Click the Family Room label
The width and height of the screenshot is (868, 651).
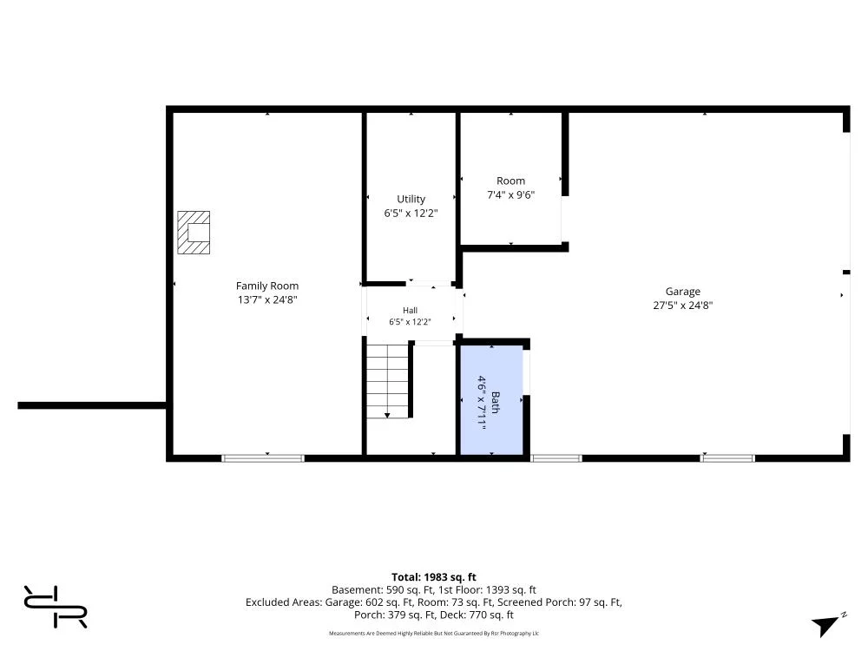pyautogui.click(x=266, y=286)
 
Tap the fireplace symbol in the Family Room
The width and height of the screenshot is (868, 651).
pyautogui.click(x=194, y=233)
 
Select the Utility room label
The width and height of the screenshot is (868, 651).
pyautogui.click(x=411, y=199)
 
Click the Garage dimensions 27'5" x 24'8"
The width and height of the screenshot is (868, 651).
pyautogui.click(x=682, y=305)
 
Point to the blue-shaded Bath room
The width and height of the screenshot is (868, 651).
pyautogui.click(x=492, y=399)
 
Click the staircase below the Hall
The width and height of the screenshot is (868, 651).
pyautogui.click(x=387, y=381)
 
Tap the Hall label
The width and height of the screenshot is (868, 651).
pyautogui.click(x=411, y=311)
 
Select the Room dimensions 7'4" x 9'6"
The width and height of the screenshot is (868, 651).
pyautogui.click(x=510, y=194)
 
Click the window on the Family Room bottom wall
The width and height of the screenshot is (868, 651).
pyautogui.click(x=263, y=458)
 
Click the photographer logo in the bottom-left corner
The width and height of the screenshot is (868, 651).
pyautogui.click(x=56, y=607)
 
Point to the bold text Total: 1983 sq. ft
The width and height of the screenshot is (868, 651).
pyautogui.click(x=433, y=577)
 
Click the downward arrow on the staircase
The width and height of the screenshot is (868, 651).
pyautogui.click(x=387, y=415)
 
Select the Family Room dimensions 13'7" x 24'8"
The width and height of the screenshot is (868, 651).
pyautogui.click(x=267, y=299)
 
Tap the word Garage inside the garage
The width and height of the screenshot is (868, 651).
pyautogui.click(x=682, y=291)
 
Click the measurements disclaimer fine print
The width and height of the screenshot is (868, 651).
pyautogui.click(x=433, y=634)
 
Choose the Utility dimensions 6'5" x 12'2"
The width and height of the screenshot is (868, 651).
pyautogui.click(x=411, y=214)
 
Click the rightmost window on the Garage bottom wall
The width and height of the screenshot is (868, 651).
pyautogui.click(x=727, y=458)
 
